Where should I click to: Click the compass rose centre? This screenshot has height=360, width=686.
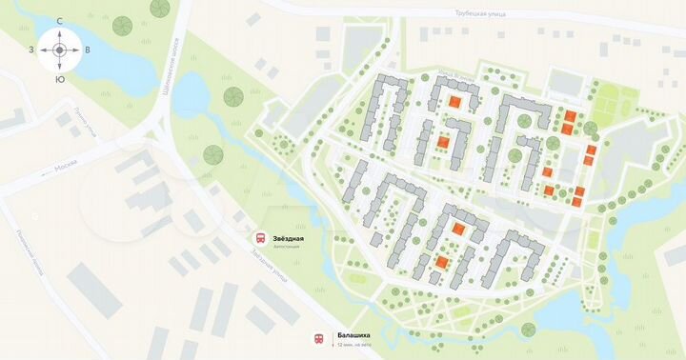pyautogui.click(x=59, y=50)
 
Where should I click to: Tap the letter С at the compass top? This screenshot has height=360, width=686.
pyautogui.click(x=59, y=20)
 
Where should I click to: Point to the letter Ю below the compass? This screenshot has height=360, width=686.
pyautogui.click(x=59, y=79)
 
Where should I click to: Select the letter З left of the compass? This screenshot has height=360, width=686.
pyautogui.click(x=31, y=50)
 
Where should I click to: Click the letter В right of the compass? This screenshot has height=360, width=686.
pyautogui.click(x=88, y=50)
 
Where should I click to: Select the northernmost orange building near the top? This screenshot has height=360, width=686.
pyautogui.click(x=454, y=102)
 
